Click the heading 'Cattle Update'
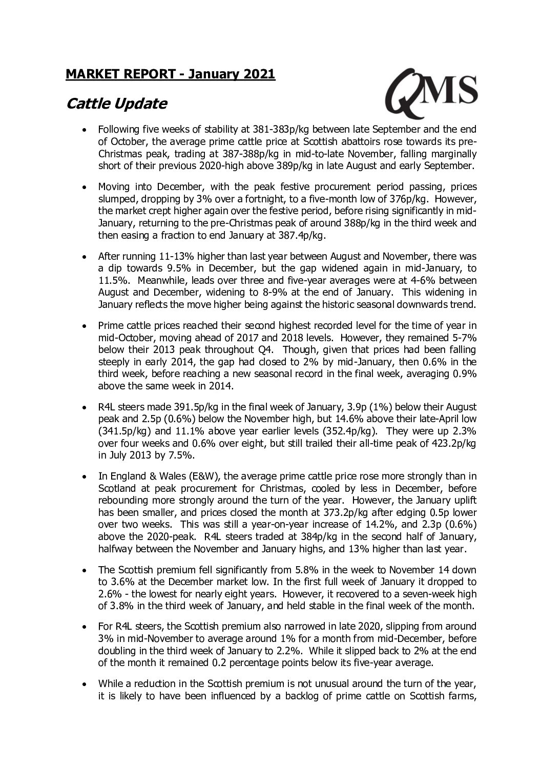[117, 104]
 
